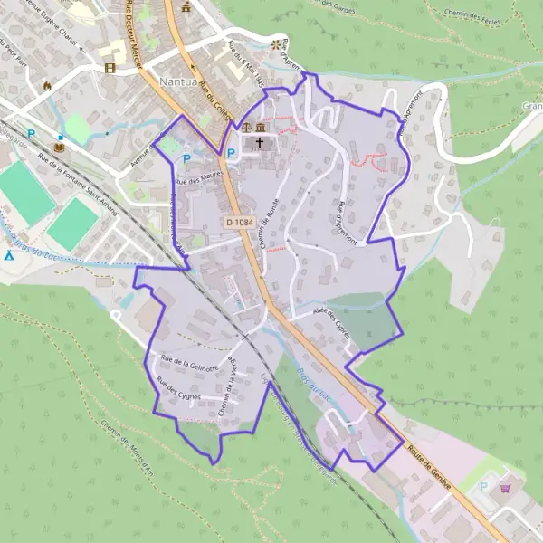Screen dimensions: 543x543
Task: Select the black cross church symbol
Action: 261,143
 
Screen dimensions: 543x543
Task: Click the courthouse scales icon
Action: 247,127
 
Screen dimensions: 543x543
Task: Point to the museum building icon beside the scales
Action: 261,127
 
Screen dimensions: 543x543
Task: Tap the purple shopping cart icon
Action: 506,486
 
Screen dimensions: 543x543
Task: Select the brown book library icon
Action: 60,146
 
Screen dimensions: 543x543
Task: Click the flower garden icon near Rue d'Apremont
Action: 274,42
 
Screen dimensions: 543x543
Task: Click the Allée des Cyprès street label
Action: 330,319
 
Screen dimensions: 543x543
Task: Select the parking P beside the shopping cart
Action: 483,486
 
